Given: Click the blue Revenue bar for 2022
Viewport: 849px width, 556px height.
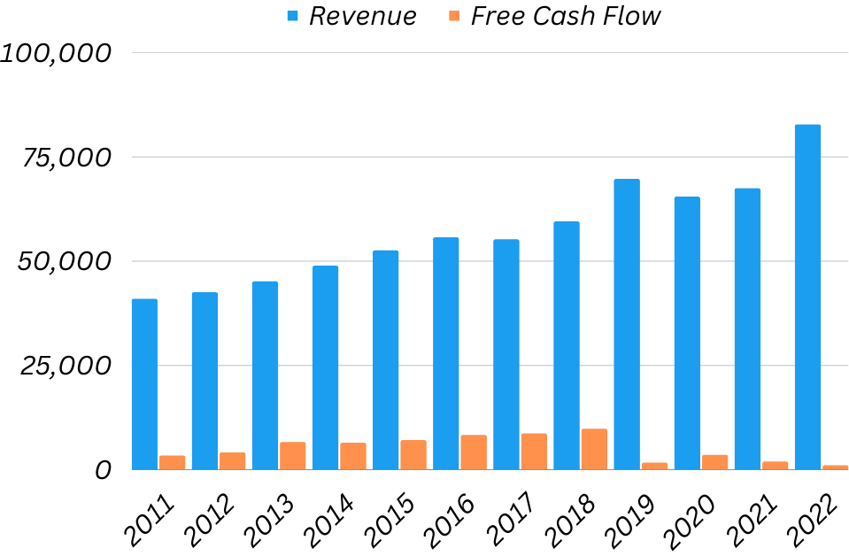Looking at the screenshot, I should coord(807,297).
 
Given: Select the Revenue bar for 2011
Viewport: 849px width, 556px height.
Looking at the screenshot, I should coord(144,384).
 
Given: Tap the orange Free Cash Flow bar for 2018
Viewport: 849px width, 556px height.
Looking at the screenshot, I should coord(594,449).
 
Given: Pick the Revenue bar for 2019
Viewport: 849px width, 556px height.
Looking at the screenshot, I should coord(627,324).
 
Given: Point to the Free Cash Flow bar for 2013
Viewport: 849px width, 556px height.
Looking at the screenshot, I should coord(292,455).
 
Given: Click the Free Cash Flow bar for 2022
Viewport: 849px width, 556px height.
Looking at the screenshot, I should coord(835,467).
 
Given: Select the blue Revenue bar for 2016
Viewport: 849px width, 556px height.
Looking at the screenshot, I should coord(445,353).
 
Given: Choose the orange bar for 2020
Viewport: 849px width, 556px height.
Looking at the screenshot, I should coord(714,461).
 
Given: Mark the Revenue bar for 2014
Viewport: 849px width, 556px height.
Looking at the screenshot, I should coord(325,367).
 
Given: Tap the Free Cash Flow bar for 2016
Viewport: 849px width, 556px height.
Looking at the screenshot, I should coord(474,452).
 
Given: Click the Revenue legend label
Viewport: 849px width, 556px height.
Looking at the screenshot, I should coord(362,16).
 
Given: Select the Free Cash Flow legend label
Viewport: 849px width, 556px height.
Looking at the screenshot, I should coord(566,16).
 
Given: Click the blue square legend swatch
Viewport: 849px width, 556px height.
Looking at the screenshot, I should coord(293,16).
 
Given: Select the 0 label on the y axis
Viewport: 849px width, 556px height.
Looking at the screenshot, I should coord(103,469).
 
